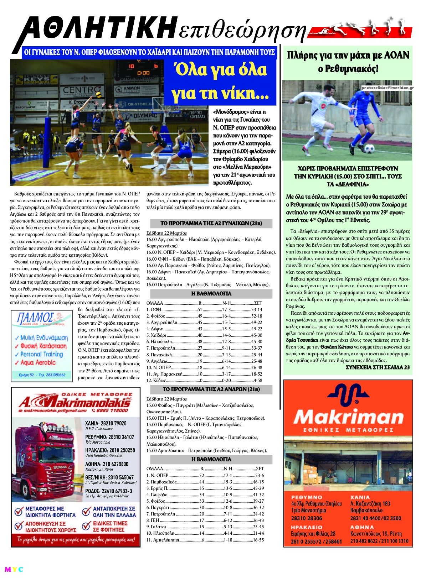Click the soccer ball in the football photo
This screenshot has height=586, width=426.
pyautogui.click(x=370, y=148)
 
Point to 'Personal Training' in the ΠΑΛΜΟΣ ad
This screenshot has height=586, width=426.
pyautogui.click(x=41, y=354)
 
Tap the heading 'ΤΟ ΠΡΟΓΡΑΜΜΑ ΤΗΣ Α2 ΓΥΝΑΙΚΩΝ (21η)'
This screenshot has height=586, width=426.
pyautogui.click(x=211, y=223)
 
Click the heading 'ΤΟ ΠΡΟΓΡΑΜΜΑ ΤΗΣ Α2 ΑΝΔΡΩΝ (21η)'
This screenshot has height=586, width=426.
pyautogui.click(x=211, y=389)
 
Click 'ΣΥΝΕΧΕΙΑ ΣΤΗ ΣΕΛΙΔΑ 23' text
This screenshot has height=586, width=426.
pyautogui.click(x=378, y=367)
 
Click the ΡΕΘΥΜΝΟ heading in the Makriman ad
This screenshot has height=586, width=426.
pyautogui.click(x=306, y=497)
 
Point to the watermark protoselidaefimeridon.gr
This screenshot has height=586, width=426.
pyautogui.click(x=387, y=88)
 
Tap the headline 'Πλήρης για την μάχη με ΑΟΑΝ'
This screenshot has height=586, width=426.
pyautogui.click(x=348, y=56)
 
